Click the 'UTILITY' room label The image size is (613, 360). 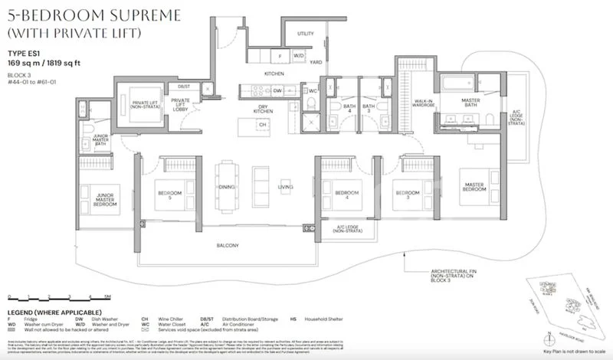pos(306,34)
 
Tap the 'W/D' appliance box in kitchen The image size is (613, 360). pos(300,56)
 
